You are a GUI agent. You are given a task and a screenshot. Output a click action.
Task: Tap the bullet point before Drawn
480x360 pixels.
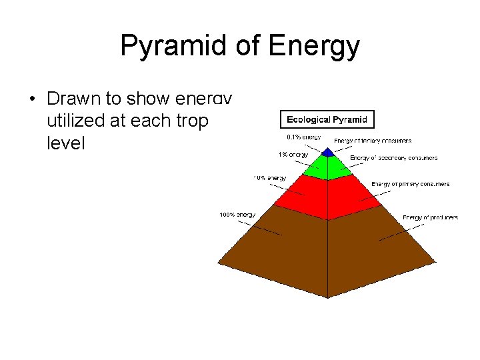(x=32, y=99)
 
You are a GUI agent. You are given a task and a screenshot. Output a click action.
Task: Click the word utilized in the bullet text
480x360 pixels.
(x=74, y=121)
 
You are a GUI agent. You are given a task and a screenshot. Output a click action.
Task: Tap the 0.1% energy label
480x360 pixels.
(x=303, y=137)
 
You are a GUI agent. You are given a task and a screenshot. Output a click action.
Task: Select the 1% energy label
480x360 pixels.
(x=293, y=155)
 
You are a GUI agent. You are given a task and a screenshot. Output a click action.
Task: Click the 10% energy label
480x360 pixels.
(x=269, y=178)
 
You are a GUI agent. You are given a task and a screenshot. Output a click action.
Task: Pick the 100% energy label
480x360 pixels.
(x=237, y=215)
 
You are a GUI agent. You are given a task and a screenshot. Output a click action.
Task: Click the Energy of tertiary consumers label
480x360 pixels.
(x=373, y=141)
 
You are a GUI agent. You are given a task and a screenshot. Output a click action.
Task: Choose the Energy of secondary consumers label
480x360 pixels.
(x=393, y=158)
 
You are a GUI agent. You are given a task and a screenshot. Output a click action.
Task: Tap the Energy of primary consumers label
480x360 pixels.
(x=410, y=184)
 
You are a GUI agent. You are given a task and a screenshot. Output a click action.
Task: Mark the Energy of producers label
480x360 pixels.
(x=430, y=217)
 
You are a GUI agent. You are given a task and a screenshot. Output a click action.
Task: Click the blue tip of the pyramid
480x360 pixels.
(x=327, y=153)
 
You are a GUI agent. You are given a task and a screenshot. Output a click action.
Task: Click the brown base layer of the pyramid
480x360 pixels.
(x=327, y=247)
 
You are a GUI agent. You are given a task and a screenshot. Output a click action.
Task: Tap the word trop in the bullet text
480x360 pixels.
(x=194, y=121)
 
